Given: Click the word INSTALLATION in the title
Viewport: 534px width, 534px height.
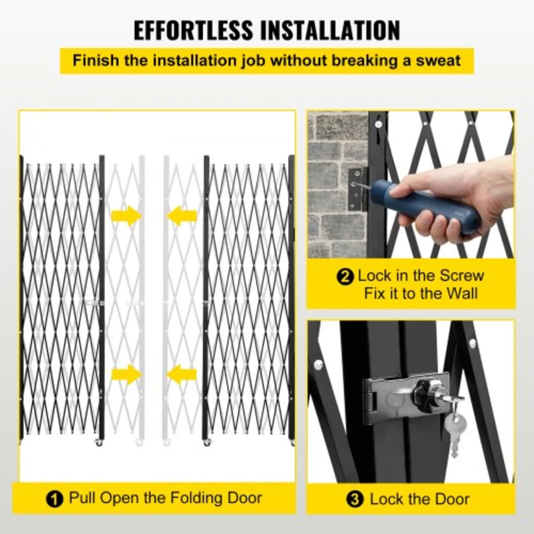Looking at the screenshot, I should (330, 30).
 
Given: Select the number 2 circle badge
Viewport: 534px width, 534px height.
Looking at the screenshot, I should (345, 277).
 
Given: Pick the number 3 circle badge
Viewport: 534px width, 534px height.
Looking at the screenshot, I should (355, 500).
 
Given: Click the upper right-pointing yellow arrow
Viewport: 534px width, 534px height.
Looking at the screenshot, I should (127, 216).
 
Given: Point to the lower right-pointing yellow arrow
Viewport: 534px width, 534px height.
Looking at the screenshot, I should (127, 374).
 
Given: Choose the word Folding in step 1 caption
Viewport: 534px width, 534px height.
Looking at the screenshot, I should (189, 498).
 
